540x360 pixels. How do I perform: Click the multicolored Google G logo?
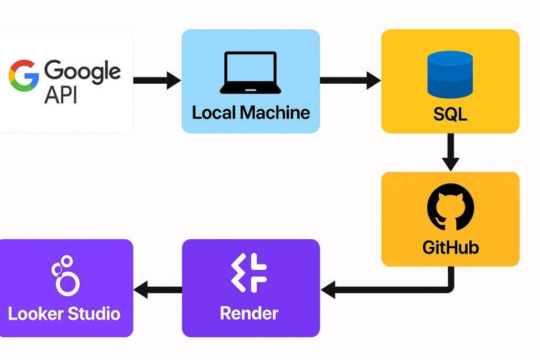click(x=24, y=75)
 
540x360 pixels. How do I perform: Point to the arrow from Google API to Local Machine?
click(x=157, y=81)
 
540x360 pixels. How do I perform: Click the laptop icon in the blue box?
click(x=250, y=73)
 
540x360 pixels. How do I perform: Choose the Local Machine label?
click(x=250, y=112)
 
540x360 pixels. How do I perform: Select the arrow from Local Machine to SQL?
click(x=350, y=81)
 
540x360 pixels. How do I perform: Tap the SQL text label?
click(x=450, y=113)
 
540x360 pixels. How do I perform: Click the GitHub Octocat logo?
click(x=450, y=210)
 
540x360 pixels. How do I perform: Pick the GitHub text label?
click(x=450, y=247)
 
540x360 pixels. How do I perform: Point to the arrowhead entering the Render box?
click(x=328, y=289)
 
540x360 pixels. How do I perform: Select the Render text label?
click(x=249, y=313)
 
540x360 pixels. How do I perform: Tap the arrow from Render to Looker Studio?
click(x=157, y=289)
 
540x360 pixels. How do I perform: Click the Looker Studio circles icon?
click(x=65, y=275)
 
